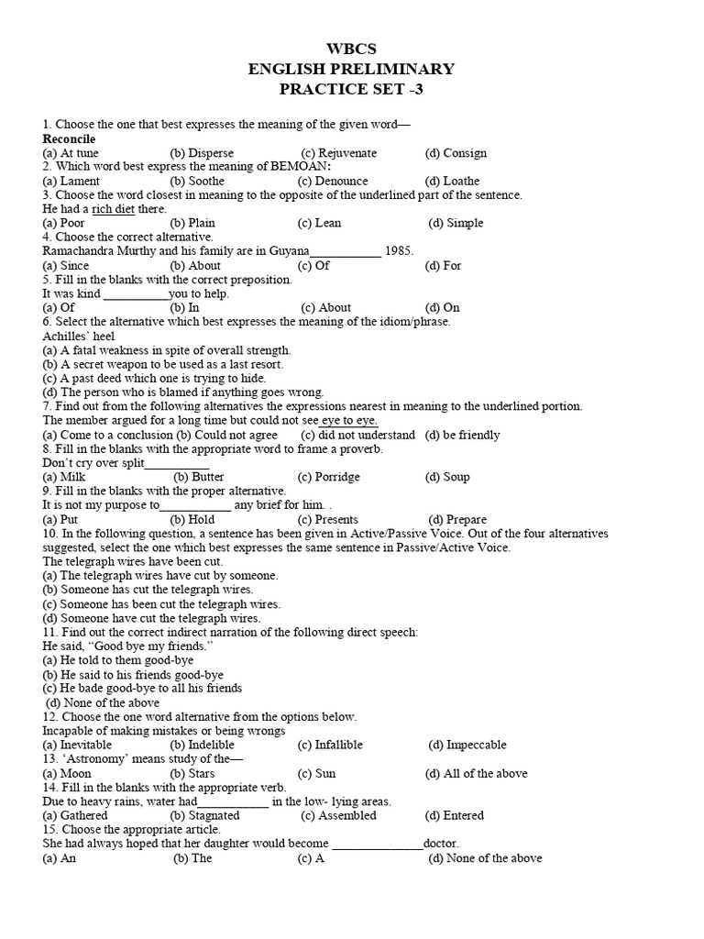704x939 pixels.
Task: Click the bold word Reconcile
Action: click(69, 138)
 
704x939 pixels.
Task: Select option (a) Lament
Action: click(71, 181)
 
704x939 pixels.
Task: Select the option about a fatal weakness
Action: click(167, 350)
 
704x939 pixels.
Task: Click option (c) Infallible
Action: click(330, 745)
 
